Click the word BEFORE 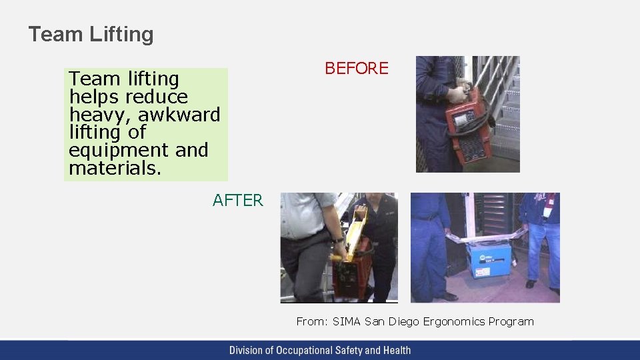pos(356,69)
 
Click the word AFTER pos(238,200)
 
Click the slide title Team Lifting pos(91,35)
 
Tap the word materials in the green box pos(114,169)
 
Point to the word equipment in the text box pos(111,151)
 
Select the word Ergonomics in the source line pos(453,321)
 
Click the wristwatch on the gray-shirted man pos(339,239)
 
